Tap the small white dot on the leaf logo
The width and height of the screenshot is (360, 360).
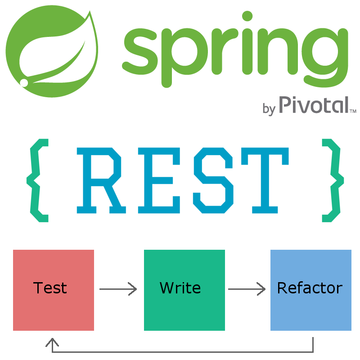[24, 83]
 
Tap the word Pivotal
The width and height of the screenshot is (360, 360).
[313, 105]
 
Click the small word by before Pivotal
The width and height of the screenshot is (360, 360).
[269, 108]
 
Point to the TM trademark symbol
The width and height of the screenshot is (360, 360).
[353, 111]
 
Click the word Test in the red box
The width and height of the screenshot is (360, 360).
[50, 288]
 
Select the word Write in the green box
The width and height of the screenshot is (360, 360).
[180, 288]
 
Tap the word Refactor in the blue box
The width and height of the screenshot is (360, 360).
[310, 288]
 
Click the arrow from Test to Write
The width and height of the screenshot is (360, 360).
[118, 289]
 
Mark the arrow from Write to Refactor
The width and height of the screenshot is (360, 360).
[247, 289]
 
